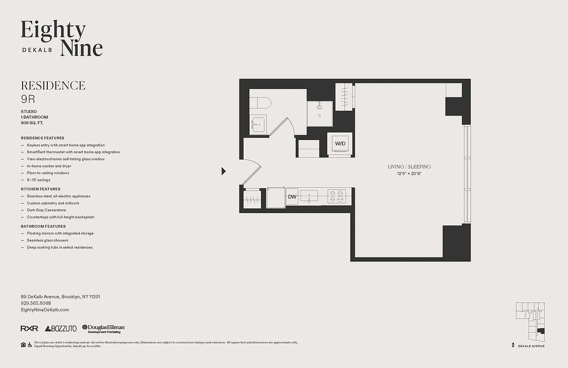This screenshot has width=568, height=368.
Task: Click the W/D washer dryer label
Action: (x=340, y=144)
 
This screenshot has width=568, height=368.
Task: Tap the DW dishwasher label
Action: (x=292, y=197)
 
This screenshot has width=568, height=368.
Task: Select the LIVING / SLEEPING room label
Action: (x=409, y=167)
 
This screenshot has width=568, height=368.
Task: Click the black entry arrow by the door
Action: (x=223, y=171)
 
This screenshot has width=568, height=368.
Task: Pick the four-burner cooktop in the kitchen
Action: (x=336, y=197)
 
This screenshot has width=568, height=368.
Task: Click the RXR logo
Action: (x=29, y=328)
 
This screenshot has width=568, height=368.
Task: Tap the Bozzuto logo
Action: (x=61, y=328)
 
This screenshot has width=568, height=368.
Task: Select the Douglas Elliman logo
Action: (x=103, y=328)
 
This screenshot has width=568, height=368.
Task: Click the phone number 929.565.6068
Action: (x=36, y=304)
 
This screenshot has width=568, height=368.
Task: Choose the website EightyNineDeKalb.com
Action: (x=45, y=310)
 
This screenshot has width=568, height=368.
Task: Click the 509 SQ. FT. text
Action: (x=32, y=123)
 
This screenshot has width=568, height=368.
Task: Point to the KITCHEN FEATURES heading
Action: (x=40, y=189)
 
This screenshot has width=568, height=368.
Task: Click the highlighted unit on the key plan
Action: (x=541, y=331)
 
